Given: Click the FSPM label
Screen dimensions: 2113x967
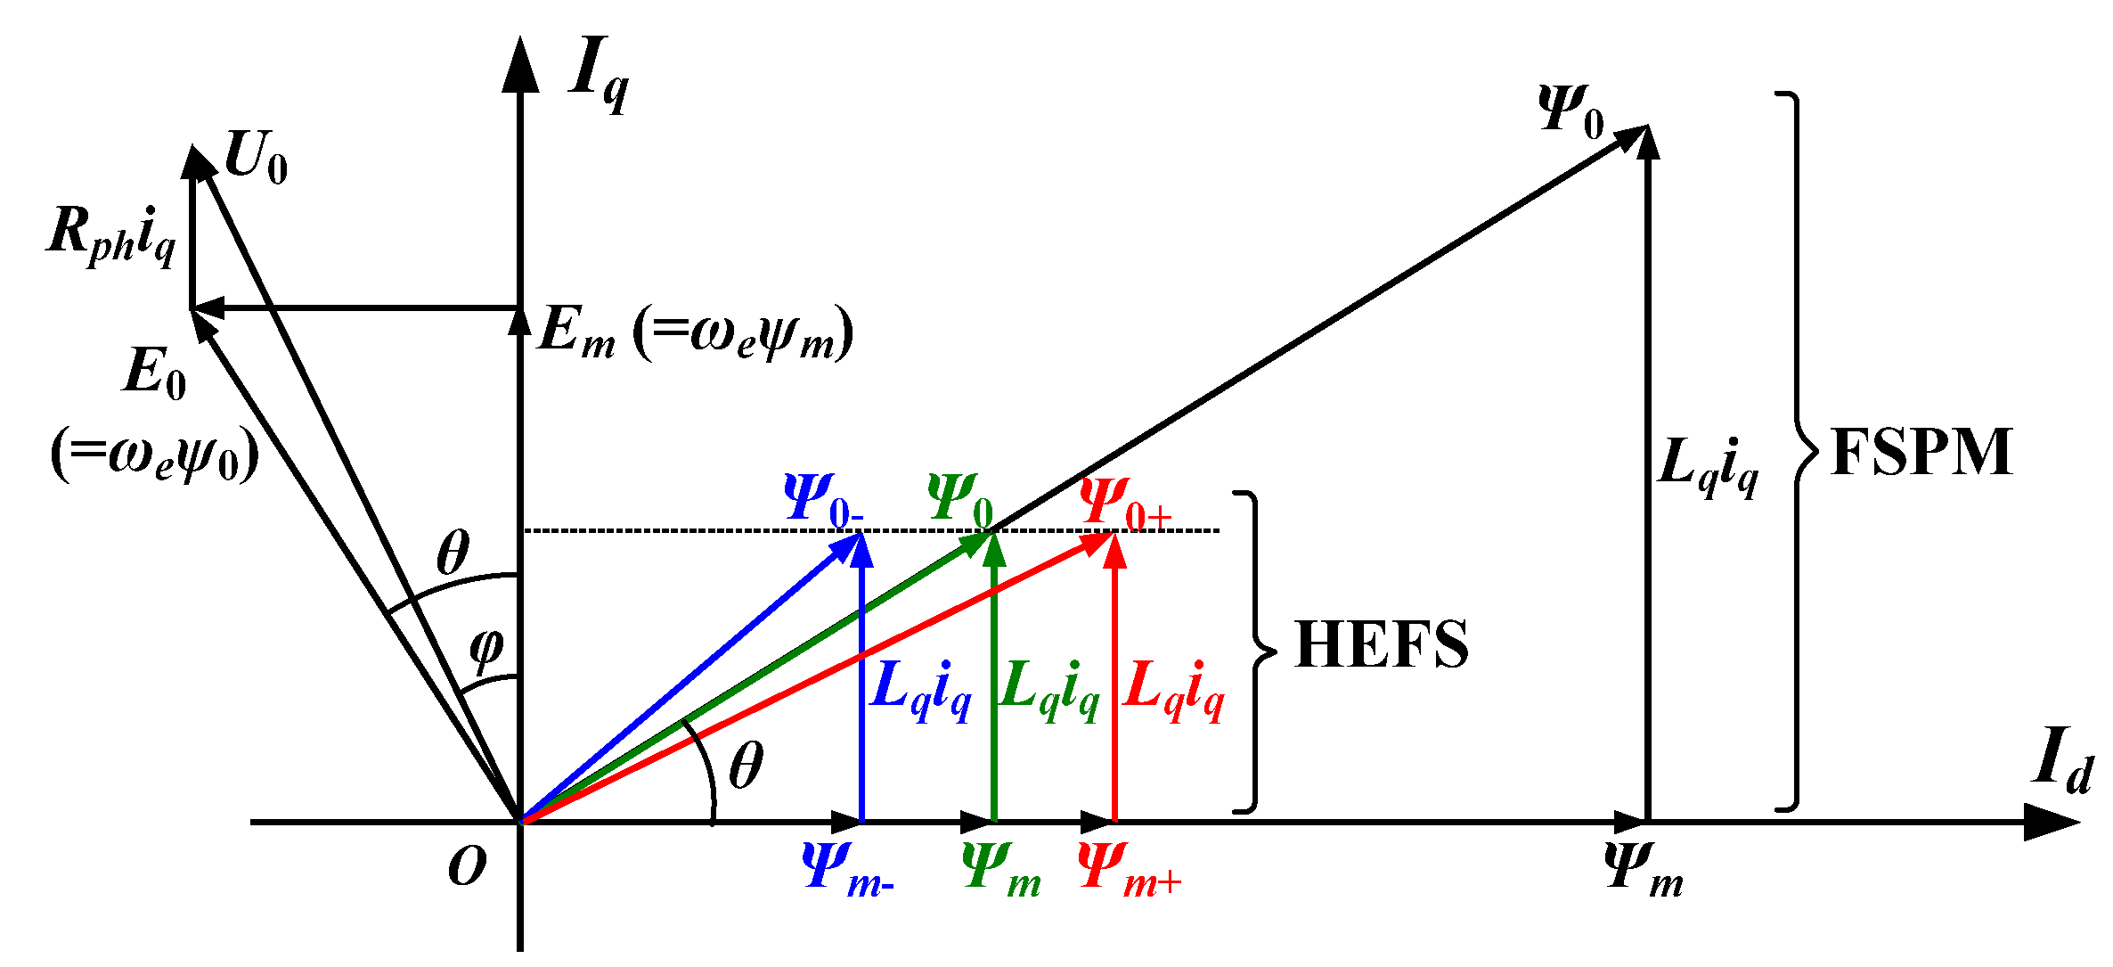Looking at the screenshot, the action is tap(1921, 453).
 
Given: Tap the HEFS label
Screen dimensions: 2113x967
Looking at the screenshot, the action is tap(1382, 644).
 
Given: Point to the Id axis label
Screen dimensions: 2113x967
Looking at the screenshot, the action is tap(2063, 760).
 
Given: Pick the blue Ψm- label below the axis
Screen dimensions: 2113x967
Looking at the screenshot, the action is tap(846, 869).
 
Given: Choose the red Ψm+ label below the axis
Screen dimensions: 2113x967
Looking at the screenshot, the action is tap(1129, 869).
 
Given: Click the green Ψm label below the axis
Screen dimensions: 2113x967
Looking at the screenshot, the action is tap(1001, 869).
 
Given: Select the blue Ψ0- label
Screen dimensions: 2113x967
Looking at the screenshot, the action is tap(822, 500).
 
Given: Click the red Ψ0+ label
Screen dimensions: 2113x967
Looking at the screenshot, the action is tap(1125, 503).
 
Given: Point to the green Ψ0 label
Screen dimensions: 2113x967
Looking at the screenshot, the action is tap(960, 500).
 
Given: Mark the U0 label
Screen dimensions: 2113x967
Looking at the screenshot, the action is tap(256, 158).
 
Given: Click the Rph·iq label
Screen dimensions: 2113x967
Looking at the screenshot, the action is tap(111, 234).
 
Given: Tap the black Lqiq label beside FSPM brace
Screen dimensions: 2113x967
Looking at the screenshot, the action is tap(1708, 466).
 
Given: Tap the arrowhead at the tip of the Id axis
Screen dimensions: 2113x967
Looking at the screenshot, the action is tap(2053, 822).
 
